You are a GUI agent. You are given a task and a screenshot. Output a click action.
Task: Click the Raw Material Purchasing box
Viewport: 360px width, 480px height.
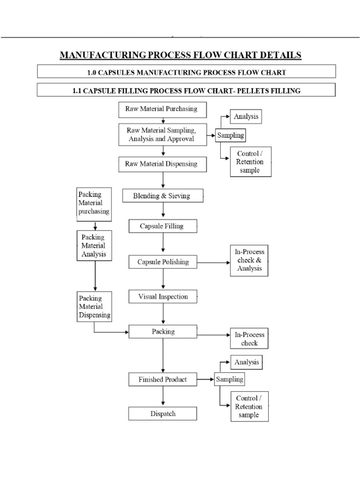[161, 109]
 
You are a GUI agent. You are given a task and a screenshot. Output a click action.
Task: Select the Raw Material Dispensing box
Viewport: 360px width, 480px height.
[161, 164]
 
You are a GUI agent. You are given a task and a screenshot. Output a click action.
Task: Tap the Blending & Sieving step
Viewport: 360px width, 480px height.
[163, 196]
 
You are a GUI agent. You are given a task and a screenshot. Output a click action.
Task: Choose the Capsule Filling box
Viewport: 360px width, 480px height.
[162, 226]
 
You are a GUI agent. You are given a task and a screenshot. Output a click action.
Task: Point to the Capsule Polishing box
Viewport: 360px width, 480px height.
[163, 262]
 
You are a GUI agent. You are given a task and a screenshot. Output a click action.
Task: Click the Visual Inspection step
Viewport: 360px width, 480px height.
[163, 297]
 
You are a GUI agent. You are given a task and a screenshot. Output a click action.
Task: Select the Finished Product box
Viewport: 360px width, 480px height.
[162, 379]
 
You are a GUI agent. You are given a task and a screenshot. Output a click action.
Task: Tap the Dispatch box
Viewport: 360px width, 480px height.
[163, 413]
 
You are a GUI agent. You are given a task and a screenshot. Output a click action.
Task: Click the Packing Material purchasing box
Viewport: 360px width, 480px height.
[94, 202]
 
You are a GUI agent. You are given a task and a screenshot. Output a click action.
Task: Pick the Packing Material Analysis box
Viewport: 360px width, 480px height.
[94, 246]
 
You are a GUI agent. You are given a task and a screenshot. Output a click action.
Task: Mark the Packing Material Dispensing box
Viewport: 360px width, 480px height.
[94, 307]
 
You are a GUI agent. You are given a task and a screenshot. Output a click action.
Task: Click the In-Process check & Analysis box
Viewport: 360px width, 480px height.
[249, 260]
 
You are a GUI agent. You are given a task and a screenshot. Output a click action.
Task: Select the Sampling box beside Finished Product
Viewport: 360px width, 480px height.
[230, 379]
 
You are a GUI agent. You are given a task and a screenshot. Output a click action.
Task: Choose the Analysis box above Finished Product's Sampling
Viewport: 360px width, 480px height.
[246, 362]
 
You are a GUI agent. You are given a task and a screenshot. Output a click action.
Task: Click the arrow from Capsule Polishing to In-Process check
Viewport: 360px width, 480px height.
[213, 262]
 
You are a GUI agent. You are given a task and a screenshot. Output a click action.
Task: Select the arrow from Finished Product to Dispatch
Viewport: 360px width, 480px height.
[163, 396]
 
